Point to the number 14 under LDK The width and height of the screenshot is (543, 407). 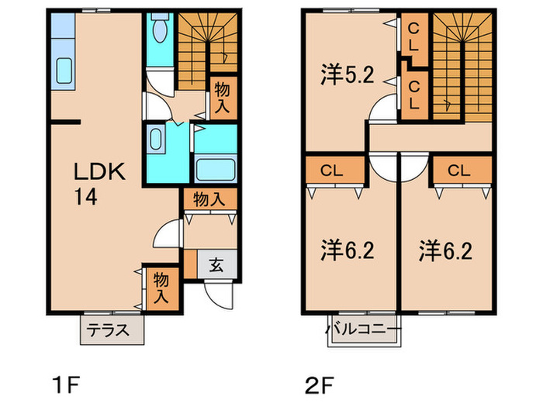[x=86, y=198]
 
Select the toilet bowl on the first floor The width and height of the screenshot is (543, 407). [x=159, y=31]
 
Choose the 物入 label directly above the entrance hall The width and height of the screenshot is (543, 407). [x=209, y=198]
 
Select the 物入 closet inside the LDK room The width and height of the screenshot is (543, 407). [x=162, y=286]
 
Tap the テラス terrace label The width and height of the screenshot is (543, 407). [x=112, y=328]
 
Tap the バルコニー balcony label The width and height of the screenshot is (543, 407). [x=363, y=328]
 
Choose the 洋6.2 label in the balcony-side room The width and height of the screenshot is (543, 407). [x=348, y=250]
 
